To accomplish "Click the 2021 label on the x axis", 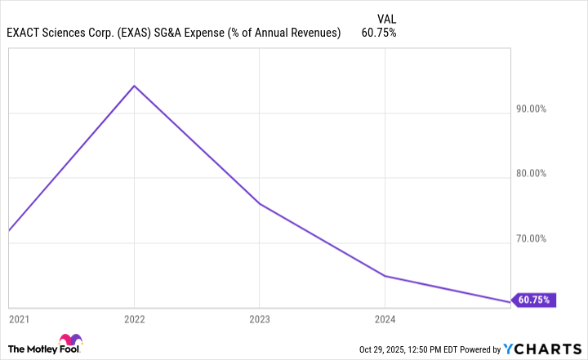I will coord(18,318).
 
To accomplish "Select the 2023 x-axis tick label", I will coord(260,318).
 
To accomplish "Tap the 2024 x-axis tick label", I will coord(385,318).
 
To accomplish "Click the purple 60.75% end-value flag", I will coord(535,300).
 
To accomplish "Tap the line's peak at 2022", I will coord(134,86).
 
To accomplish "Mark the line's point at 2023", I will coord(260,203).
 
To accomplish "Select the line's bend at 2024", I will coord(385,276).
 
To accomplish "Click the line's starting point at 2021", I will coord(9,230).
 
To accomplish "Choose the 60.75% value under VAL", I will coord(379,33).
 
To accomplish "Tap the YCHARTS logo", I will coord(542,349).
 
